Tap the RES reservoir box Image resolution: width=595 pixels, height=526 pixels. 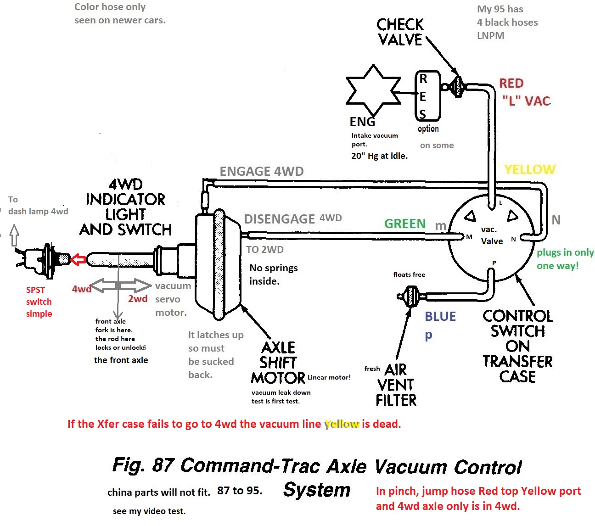(x=427, y=96)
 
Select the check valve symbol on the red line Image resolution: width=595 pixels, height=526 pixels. (x=457, y=86)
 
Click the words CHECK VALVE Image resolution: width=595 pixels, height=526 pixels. (x=400, y=32)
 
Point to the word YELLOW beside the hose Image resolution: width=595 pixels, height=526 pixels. (x=530, y=169)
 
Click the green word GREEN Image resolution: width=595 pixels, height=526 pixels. (x=405, y=224)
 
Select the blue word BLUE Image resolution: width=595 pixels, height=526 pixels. (x=440, y=316)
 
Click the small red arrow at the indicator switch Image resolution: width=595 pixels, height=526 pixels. (x=79, y=259)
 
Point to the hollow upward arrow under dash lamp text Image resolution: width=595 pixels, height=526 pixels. (x=15, y=235)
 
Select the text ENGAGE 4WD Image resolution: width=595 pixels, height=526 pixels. (x=262, y=171)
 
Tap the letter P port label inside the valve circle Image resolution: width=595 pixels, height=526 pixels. (x=494, y=263)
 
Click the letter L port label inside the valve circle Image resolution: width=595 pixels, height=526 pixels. (x=500, y=203)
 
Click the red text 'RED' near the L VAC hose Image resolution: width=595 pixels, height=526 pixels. (x=511, y=83)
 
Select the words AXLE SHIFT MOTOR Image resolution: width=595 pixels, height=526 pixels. (x=278, y=363)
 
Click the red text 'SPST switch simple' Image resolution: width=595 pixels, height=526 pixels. (x=39, y=302)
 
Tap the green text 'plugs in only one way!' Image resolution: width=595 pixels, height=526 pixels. (x=565, y=259)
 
